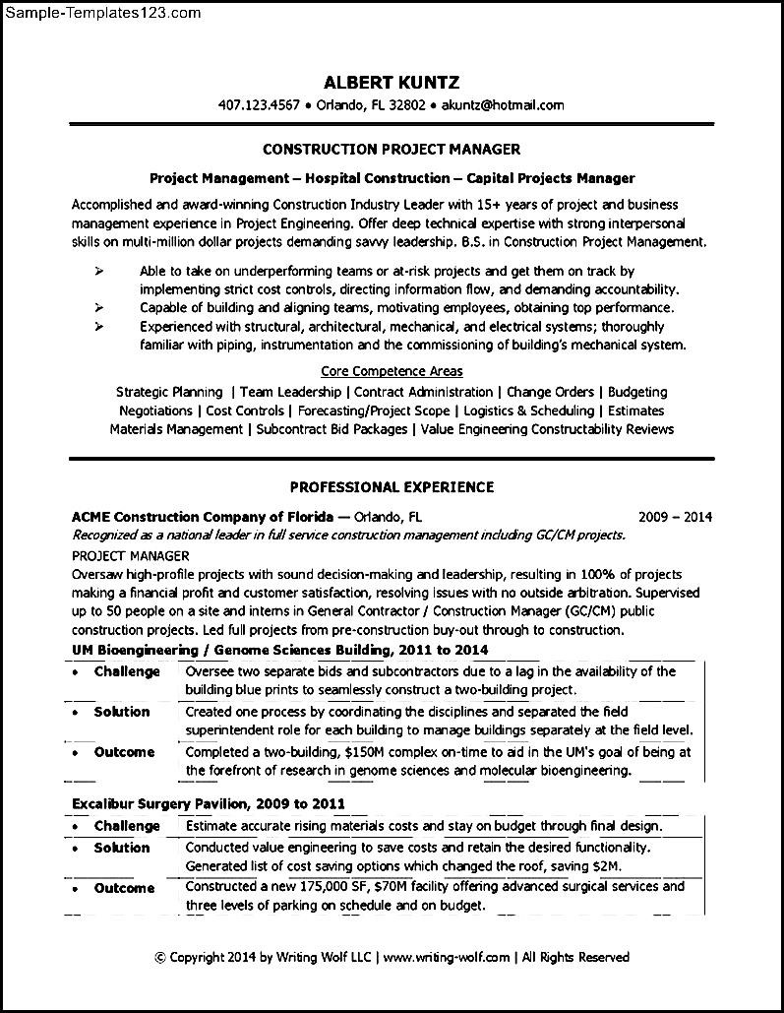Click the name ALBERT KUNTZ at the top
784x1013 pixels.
[392, 82]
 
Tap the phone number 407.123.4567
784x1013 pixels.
[258, 104]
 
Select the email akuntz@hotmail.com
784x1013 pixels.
[502, 104]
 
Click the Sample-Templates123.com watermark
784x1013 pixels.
[101, 13]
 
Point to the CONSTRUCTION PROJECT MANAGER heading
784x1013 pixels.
[392, 150]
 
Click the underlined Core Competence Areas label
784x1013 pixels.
[392, 371]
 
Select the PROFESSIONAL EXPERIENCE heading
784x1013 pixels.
[392, 487]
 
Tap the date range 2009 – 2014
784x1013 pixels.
[675, 516]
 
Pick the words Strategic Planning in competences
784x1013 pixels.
[169, 392]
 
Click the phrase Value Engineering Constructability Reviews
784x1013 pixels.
[547, 429]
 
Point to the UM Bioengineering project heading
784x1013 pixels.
[279, 650]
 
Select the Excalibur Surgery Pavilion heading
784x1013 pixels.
[209, 804]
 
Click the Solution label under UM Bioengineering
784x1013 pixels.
[122, 712]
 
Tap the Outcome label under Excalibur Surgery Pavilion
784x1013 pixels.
[124, 888]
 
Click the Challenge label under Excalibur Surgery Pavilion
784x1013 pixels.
[127, 826]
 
